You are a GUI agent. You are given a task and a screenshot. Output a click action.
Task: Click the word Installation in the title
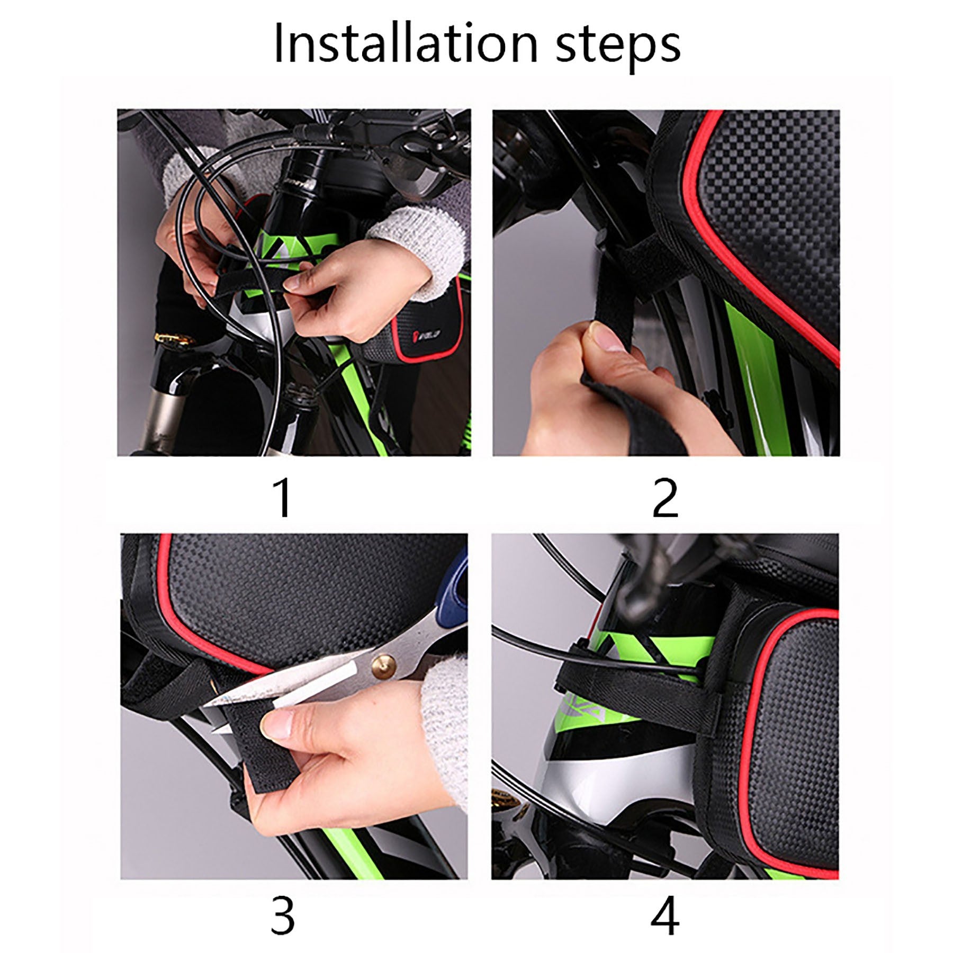406,44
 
